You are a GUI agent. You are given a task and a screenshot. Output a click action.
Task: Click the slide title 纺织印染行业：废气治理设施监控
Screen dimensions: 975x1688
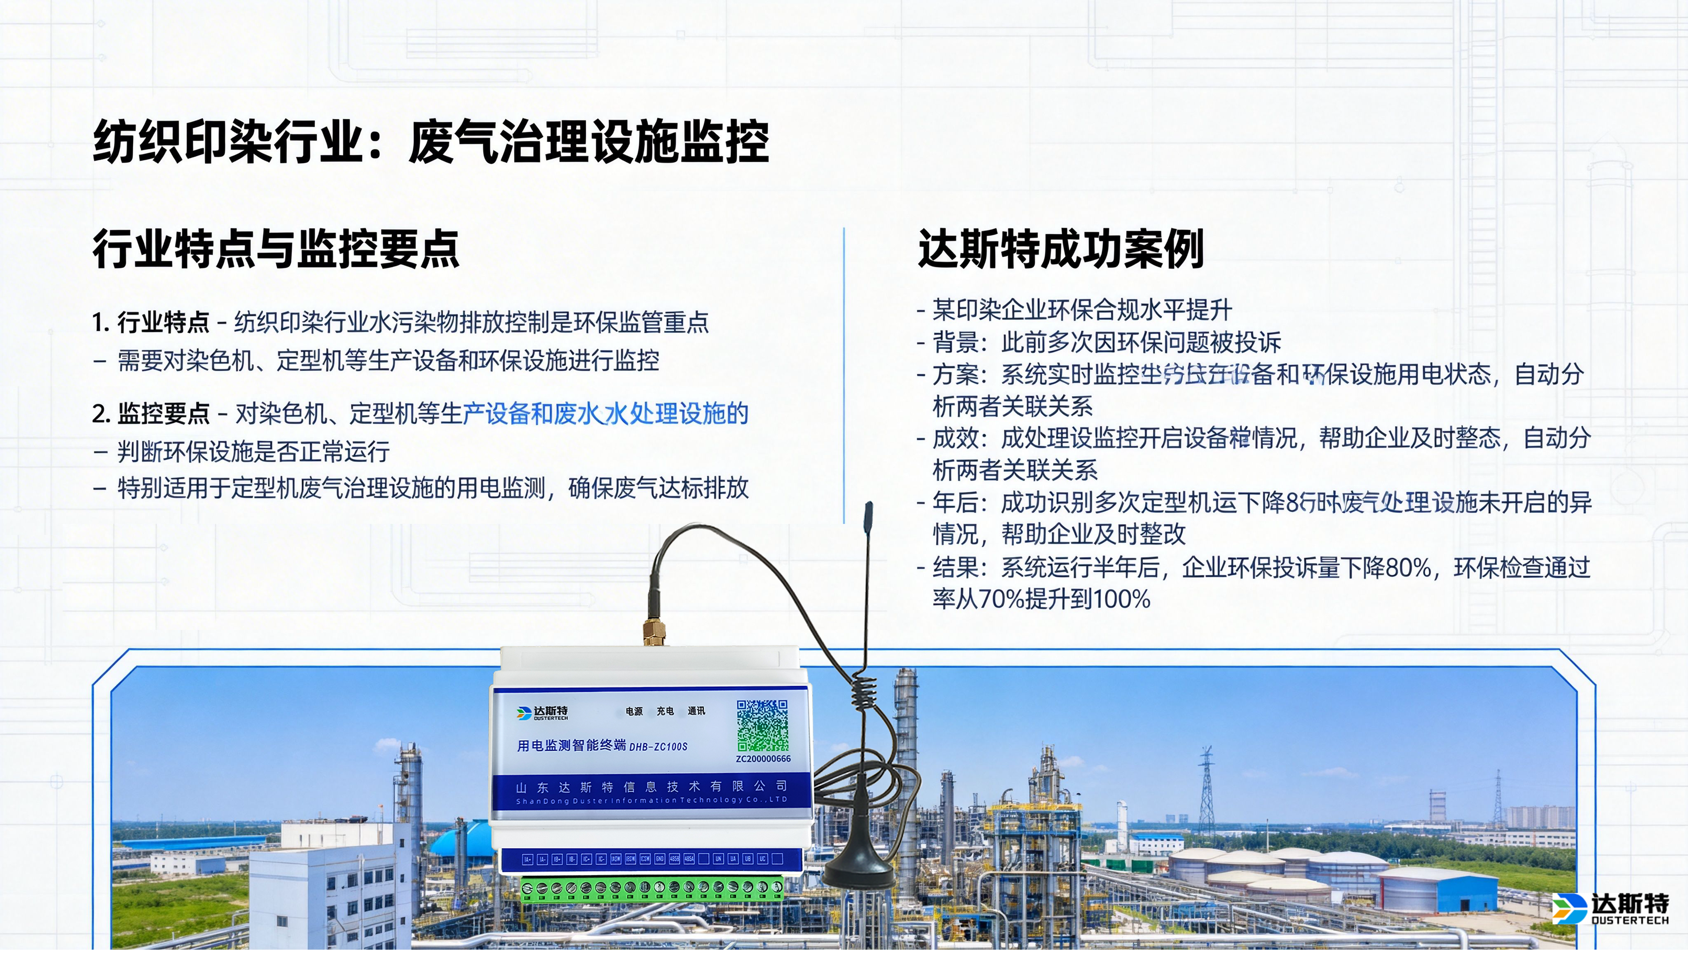pyautogui.click(x=430, y=142)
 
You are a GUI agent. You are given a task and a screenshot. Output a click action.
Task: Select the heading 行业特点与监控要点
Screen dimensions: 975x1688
pyautogui.click(x=276, y=249)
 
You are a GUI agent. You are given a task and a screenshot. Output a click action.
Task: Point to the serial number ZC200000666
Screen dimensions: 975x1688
pyautogui.click(x=762, y=759)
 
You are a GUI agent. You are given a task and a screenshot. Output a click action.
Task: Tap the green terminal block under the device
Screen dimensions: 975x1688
pyautogui.click(x=651, y=889)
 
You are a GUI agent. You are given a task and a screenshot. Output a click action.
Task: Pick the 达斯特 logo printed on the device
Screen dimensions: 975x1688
pyautogui.click(x=542, y=713)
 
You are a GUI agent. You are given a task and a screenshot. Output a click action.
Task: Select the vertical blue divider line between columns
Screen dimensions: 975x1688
pyautogui.click(x=844, y=375)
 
